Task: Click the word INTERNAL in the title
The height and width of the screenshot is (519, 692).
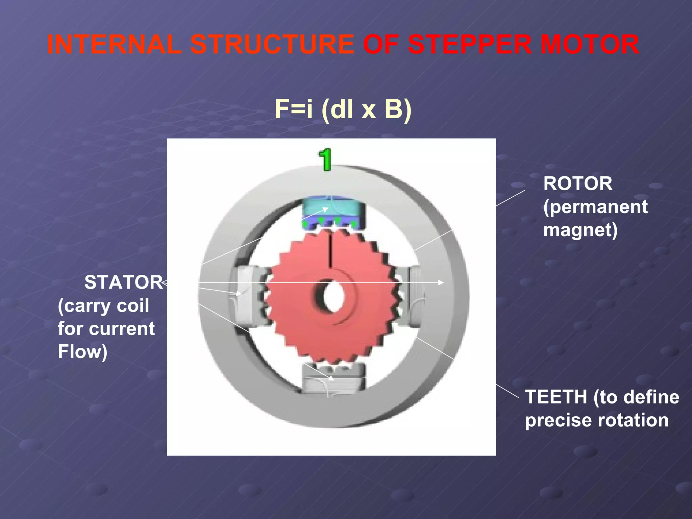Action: [x=114, y=45]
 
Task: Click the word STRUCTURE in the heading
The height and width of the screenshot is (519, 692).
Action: [x=272, y=45]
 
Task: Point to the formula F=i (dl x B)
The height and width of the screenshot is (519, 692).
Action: [x=343, y=109]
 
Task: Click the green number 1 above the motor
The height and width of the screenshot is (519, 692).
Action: [x=325, y=159]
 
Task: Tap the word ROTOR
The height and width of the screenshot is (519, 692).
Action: [x=577, y=184]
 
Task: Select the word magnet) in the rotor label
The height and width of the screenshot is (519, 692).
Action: [x=580, y=230]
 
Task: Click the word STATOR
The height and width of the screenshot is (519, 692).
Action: [x=124, y=282]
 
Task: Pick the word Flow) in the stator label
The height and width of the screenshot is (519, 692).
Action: [x=82, y=352]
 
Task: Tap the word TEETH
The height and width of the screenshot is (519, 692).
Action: [x=556, y=397]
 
